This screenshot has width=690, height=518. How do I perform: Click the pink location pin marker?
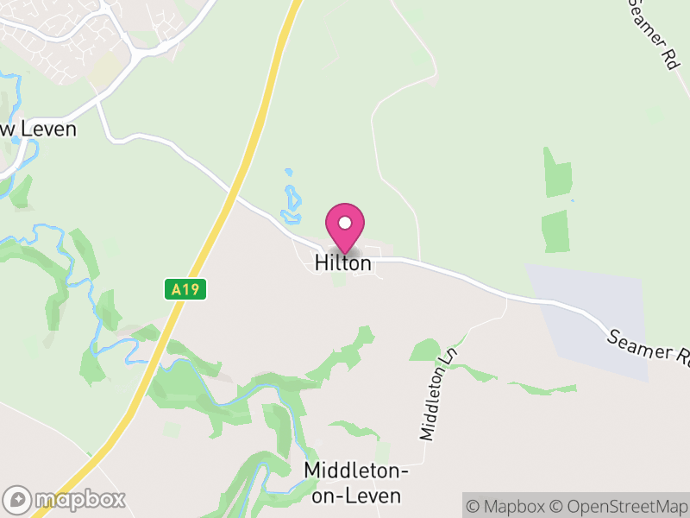click(345, 227)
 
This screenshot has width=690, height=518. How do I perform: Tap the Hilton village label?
click(343, 263)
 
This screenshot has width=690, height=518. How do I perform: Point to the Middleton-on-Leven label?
click(354, 483)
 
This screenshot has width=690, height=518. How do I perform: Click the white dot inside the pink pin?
click(345, 221)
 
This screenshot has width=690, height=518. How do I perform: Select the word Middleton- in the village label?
click(354, 471)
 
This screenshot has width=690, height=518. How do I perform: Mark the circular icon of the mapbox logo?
click(17, 499)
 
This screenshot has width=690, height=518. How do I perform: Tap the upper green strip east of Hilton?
click(557, 171)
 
